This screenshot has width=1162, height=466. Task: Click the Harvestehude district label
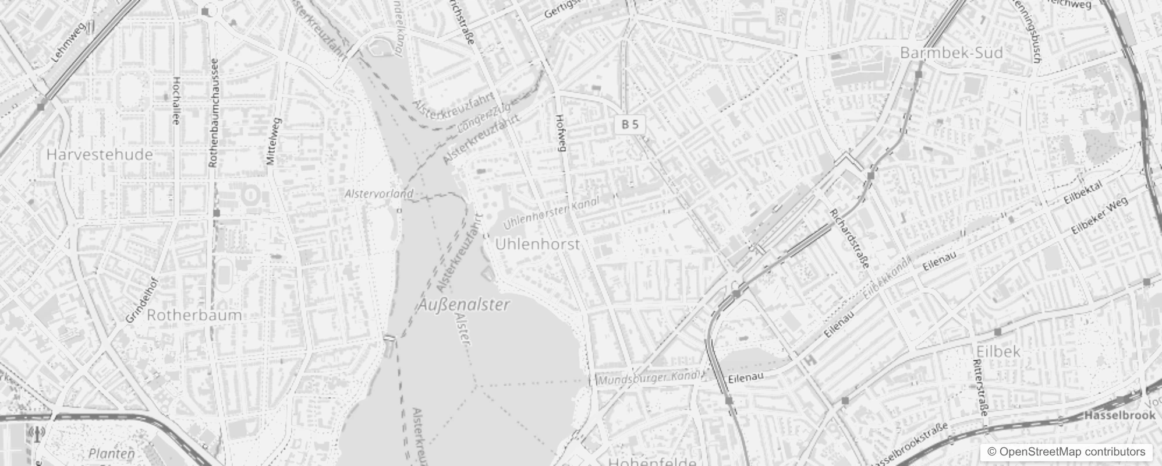coord(100,154)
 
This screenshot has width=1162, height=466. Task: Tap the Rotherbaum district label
coord(194,315)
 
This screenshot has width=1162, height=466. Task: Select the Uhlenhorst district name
coord(537,244)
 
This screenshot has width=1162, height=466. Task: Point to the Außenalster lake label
coord(464,305)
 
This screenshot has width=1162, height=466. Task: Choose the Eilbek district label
coord(998,351)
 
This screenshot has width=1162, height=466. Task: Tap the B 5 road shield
coord(630,124)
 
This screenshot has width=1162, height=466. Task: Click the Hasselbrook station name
coord(1119,415)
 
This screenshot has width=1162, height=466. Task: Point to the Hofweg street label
coord(561,133)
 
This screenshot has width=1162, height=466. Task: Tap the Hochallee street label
coord(176,101)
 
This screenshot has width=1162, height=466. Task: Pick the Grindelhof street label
coord(142,299)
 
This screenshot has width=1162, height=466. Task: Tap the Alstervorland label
coord(378,193)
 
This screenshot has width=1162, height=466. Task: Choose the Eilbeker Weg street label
coord(1099,216)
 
